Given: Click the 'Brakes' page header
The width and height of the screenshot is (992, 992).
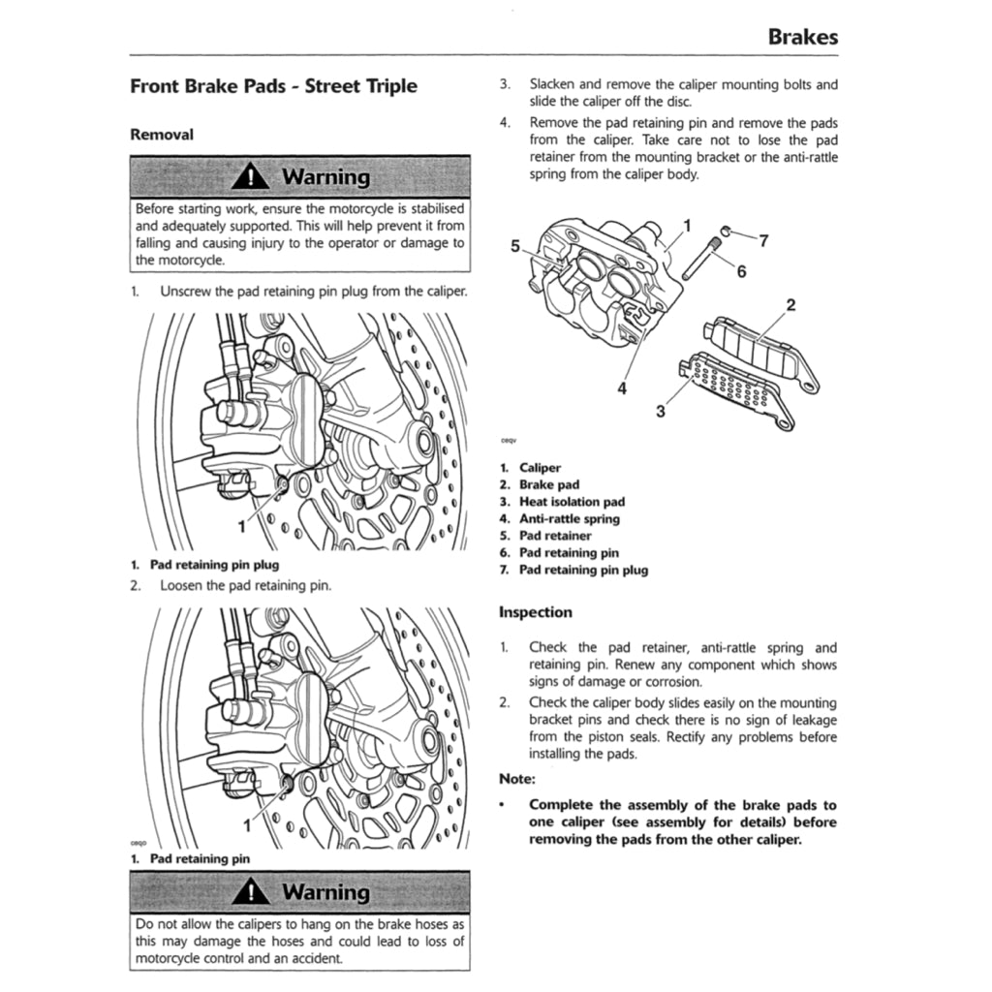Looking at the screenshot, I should pyautogui.click(x=802, y=38).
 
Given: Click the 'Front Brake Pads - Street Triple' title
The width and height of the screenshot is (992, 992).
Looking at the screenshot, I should pyautogui.click(x=273, y=86).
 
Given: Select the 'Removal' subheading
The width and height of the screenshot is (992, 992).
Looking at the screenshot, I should pyautogui.click(x=162, y=135).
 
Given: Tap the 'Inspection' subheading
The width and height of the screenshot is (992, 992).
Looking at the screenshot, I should pyautogui.click(x=535, y=612).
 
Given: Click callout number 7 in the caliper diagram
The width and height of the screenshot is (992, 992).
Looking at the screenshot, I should pyautogui.click(x=763, y=241).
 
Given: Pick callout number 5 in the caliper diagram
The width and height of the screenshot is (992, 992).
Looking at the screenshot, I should pyautogui.click(x=516, y=245).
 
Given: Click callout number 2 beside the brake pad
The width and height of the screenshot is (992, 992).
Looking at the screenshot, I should pyautogui.click(x=790, y=306).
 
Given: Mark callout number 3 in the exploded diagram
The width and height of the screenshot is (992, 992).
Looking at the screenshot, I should pyautogui.click(x=661, y=411).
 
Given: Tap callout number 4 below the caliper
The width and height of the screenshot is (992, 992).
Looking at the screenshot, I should pyautogui.click(x=622, y=389).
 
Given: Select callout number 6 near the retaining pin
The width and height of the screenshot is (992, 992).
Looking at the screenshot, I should pyautogui.click(x=741, y=271).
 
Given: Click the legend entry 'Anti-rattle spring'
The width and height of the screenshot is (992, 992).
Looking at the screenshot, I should pyautogui.click(x=569, y=519).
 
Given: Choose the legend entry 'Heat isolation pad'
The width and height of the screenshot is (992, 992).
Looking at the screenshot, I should pyautogui.click(x=572, y=502).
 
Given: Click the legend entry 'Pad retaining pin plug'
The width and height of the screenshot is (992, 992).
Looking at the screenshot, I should pyautogui.click(x=583, y=570).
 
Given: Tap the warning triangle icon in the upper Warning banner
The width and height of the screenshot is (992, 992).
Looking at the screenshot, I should pyautogui.click(x=252, y=177).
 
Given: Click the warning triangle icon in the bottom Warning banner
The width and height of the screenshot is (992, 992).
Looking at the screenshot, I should pyautogui.click(x=252, y=891).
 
